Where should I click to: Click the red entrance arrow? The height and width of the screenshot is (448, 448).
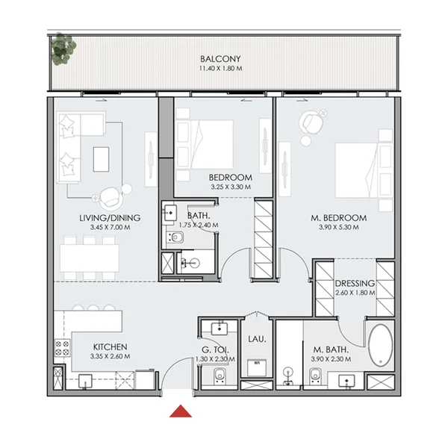(178, 410)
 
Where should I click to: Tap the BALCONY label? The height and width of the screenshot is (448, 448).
(220, 59)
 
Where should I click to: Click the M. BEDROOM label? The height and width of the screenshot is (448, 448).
(338, 218)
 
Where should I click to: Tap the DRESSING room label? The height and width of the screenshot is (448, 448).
(354, 284)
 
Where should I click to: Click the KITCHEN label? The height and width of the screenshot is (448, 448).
(110, 347)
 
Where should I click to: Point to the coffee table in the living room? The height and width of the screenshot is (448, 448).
(101, 158)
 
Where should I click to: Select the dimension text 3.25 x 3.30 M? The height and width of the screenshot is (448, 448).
(231, 187)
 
